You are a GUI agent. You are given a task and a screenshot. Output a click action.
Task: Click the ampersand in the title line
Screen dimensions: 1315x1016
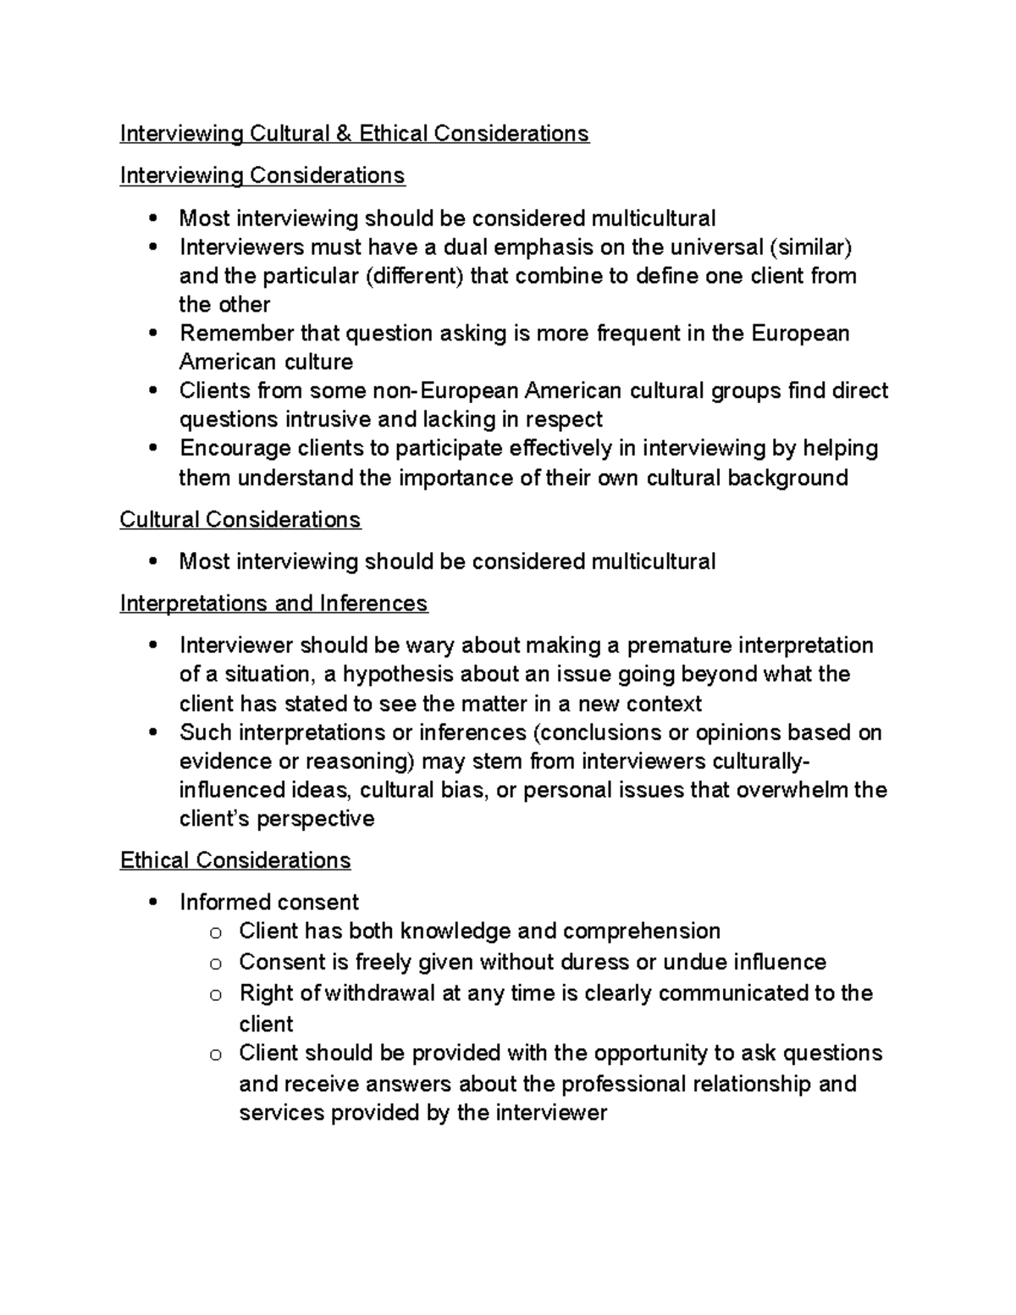pos(344,134)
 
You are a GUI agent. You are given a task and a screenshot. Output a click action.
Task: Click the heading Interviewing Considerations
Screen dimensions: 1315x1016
pos(262,175)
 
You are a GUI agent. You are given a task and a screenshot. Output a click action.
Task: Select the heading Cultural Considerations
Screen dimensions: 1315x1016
pos(240,519)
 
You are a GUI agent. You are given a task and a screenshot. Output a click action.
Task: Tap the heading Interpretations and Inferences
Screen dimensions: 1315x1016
pos(273,603)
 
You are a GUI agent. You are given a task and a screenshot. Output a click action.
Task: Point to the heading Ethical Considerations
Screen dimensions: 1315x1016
pos(235,860)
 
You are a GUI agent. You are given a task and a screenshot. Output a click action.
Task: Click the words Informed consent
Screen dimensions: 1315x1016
pos(269,902)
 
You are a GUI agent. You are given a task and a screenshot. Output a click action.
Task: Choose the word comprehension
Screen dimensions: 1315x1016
pos(641,931)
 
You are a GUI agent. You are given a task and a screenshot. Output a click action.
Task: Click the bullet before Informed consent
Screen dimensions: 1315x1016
pos(152,903)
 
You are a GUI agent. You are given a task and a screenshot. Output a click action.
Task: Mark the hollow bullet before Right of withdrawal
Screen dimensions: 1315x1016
pos(216,995)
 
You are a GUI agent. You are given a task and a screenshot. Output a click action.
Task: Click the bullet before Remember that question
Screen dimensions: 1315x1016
pos(152,334)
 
